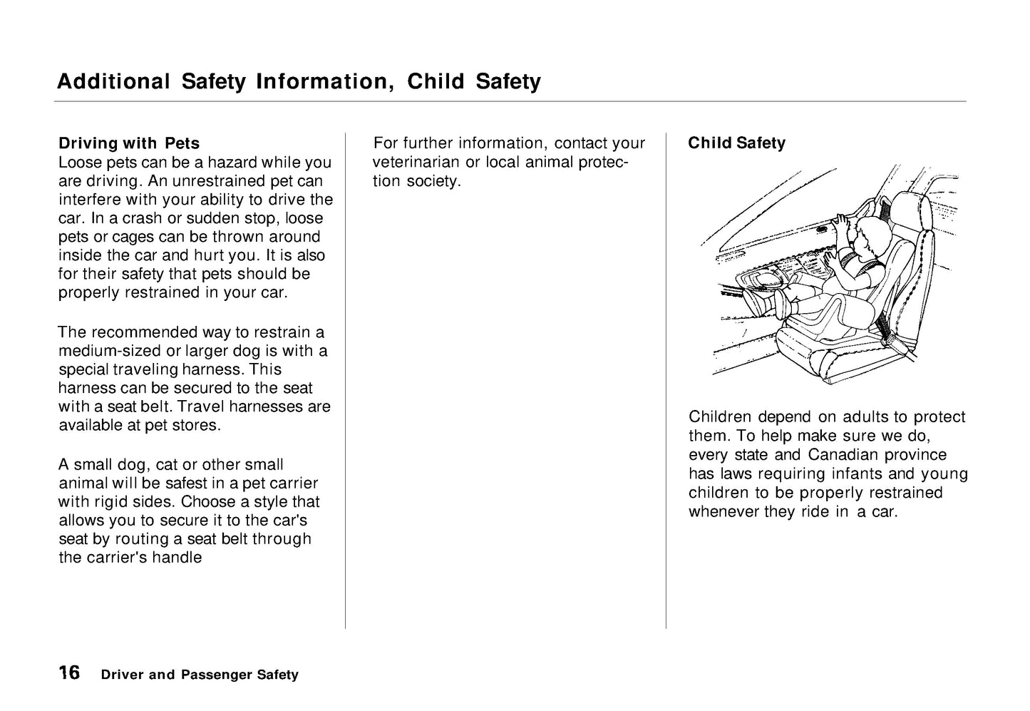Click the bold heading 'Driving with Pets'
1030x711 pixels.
[x=129, y=143]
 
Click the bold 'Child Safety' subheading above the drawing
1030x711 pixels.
[x=736, y=143]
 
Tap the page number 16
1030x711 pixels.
[x=69, y=672]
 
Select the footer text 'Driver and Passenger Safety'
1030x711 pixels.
[x=200, y=675]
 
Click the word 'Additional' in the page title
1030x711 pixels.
[x=113, y=82]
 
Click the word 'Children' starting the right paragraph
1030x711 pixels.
[x=720, y=417]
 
